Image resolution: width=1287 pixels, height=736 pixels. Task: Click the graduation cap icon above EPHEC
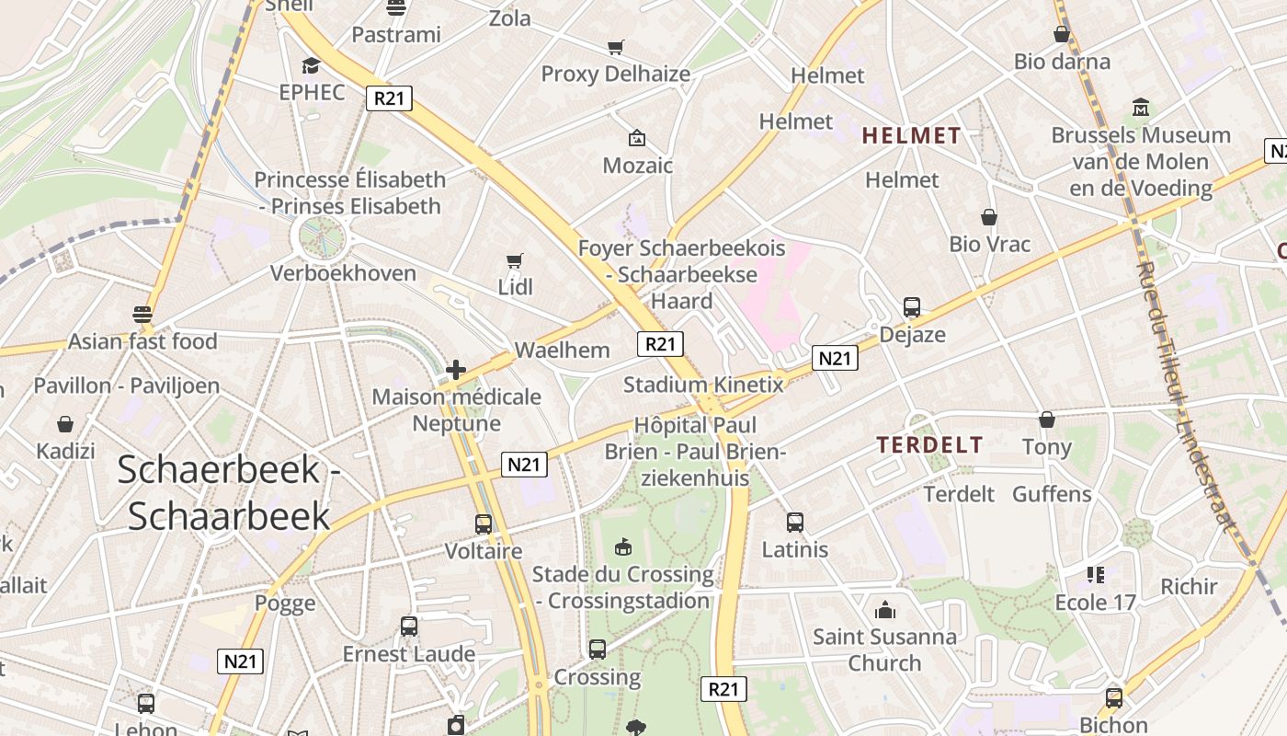tap(311, 66)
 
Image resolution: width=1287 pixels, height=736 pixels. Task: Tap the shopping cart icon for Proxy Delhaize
tap(615, 47)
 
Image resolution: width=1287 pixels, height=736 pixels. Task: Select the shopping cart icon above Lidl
tap(515, 261)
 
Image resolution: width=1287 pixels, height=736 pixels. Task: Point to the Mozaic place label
tap(637, 166)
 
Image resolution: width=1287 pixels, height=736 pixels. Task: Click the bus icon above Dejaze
tap(912, 307)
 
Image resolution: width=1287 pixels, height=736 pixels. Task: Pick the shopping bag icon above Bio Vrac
tap(989, 217)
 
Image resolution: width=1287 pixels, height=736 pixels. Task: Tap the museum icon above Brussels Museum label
tap(1141, 108)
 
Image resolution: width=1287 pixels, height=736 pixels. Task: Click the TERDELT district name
tap(929, 445)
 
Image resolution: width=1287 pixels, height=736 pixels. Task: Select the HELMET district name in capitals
tap(911, 136)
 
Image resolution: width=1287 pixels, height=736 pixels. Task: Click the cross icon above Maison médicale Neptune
tap(456, 370)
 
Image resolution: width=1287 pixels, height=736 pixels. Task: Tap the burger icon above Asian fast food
tap(142, 315)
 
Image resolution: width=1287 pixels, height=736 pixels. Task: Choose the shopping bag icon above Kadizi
tap(65, 424)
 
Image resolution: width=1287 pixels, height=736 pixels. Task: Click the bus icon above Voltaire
tap(484, 524)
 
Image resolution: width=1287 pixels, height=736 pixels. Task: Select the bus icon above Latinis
tap(795, 523)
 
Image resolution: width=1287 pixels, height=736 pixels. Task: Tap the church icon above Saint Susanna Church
tap(884, 609)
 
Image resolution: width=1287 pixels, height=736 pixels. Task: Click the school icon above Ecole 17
tap(1095, 575)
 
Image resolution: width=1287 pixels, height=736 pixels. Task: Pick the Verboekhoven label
tap(343, 273)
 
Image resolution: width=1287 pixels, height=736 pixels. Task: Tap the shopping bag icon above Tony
tap(1047, 420)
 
